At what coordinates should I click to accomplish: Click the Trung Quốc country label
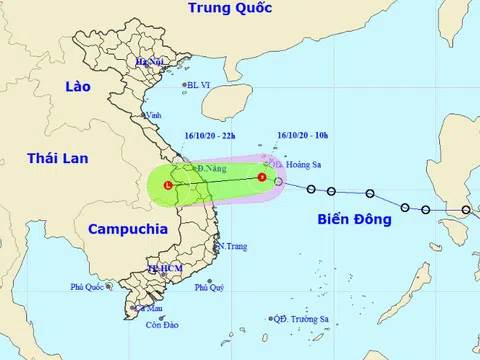tap(232, 10)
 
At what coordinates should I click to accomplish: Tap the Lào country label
tap(76, 87)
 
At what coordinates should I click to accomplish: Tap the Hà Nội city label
tap(150, 62)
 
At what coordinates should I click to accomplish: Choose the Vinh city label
tap(154, 116)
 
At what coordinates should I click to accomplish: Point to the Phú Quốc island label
tap(88, 287)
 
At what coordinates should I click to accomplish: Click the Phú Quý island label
tap(209, 287)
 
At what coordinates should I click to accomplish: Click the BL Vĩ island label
tap(200, 85)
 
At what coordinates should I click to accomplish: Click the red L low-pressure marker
tap(168, 186)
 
